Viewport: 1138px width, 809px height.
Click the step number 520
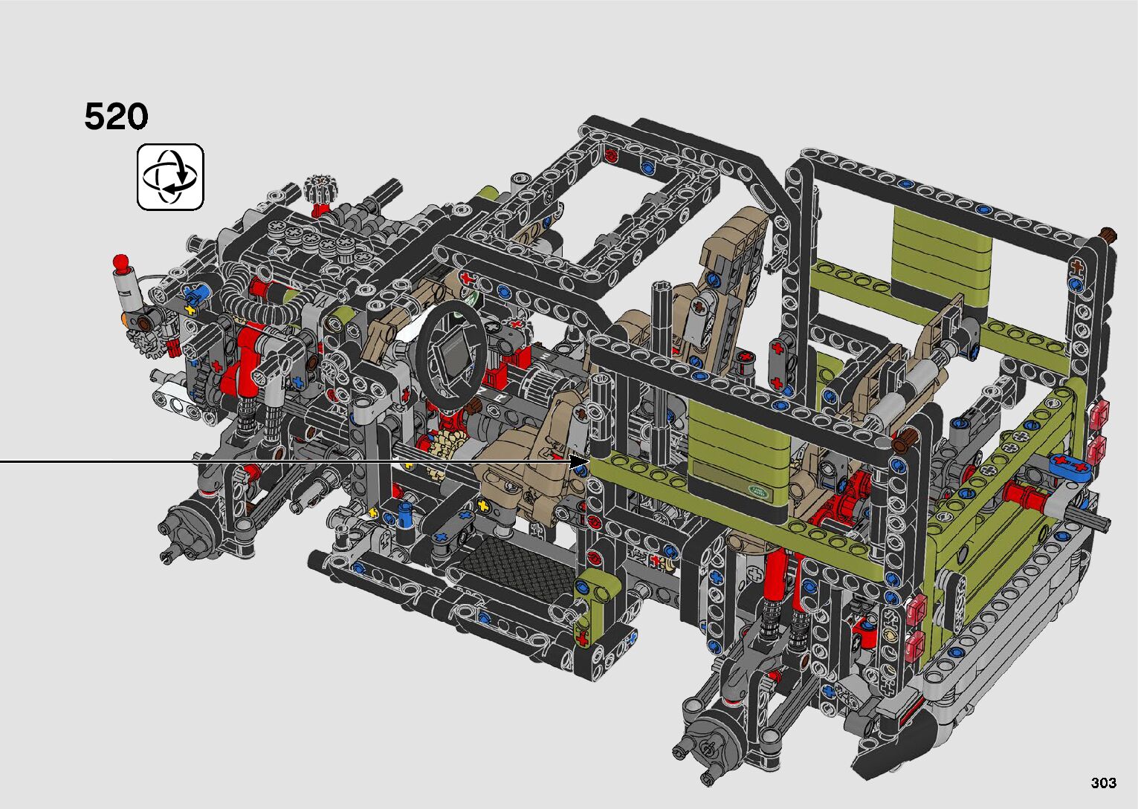coord(117,117)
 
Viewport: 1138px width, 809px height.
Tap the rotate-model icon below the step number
coord(170,177)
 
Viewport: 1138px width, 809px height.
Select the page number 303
coord(1104,783)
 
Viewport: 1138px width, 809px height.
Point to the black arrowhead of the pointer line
coord(579,461)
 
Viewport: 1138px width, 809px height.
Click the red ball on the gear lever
coord(121,262)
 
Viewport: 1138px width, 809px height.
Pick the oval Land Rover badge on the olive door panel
coord(758,490)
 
